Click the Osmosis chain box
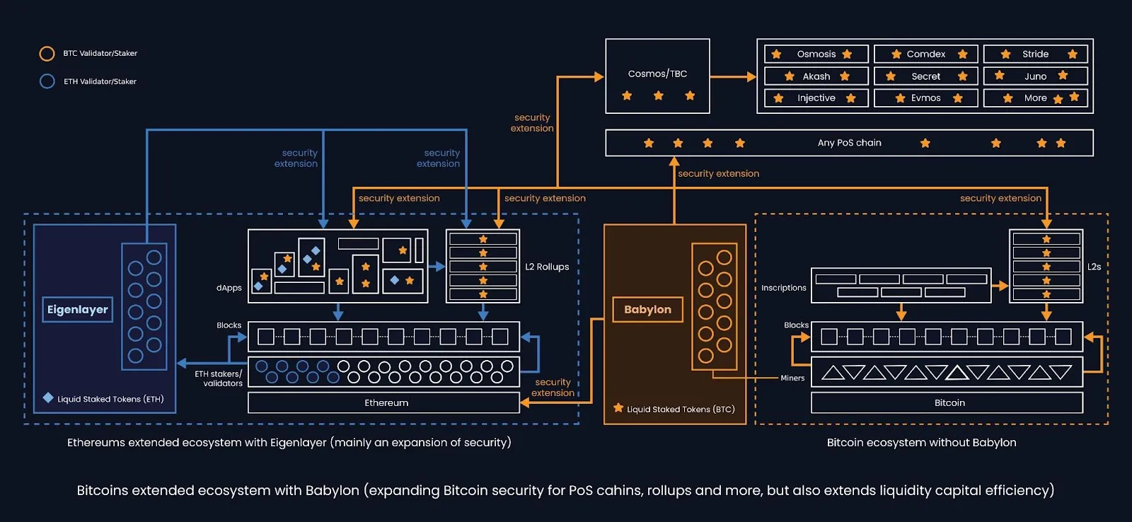click(816, 54)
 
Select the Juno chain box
click(1034, 76)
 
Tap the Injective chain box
click(816, 98)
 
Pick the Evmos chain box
click(925, 98)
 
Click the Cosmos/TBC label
click(657, 74)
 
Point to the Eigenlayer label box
click(78, 310)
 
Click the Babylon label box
click(647, 310)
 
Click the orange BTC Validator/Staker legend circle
click(47, 54)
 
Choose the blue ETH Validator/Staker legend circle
click(47, 81)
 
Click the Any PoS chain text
click(849, 143)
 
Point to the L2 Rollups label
click(547, 267)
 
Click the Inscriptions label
click(783, 288)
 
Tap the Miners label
click(792, 378)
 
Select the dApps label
click(229, 288)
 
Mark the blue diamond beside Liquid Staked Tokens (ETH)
click(48, 398)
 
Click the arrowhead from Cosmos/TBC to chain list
click(751, 76)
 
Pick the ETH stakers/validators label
click(219, 378)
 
